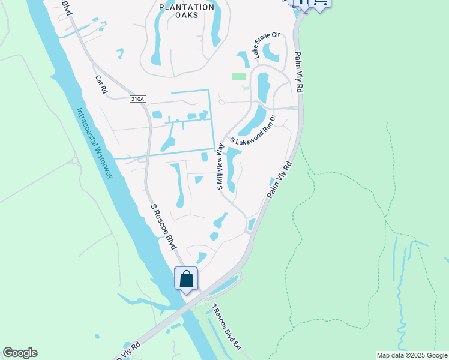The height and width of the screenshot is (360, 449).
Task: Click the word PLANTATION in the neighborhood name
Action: (187, 7)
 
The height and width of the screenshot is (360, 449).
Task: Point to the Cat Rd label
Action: (100, 84)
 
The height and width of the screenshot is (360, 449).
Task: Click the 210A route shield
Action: (137, 99)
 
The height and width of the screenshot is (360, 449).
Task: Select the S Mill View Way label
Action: (220, 166)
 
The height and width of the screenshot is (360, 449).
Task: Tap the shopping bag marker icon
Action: (187, 279)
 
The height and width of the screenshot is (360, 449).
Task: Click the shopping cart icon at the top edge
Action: (320, 4)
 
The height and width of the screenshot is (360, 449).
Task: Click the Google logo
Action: (20, 353)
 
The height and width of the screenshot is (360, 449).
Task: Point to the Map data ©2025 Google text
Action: (411, 355)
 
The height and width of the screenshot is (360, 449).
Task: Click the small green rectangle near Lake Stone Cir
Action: (239, 76)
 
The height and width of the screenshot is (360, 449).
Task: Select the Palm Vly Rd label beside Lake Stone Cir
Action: (298, 72)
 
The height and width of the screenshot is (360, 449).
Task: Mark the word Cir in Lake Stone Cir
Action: (276, 37)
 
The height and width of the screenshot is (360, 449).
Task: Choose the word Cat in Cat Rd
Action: (98, 79)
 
